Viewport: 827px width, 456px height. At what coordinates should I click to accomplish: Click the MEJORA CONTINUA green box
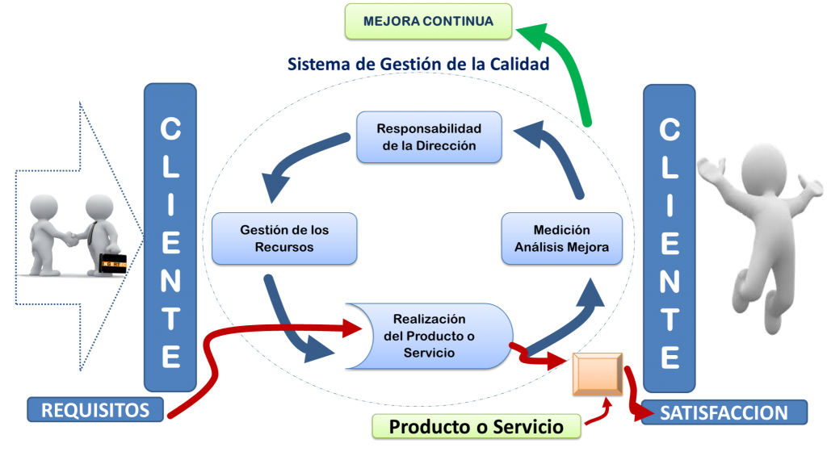(428, 22)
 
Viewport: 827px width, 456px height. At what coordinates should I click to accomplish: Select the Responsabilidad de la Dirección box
(429, 137)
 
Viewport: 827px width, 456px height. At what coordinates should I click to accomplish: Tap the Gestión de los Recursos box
(284, 238)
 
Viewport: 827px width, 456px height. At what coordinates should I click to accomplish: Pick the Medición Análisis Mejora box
(562, 238)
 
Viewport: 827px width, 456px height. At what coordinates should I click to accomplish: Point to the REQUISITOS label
(95, 410)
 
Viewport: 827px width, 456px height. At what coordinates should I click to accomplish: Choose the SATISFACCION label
(724, 413)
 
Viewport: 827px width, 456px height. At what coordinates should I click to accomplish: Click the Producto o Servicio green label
(476, 426)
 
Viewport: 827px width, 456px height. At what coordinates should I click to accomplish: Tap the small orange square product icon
(598, 374)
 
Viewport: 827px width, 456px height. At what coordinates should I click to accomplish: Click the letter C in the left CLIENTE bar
(170, 129)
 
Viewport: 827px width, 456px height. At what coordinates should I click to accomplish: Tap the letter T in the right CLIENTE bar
(669, 321)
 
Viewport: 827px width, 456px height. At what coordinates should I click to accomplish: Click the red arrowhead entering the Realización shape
(355, 328)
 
